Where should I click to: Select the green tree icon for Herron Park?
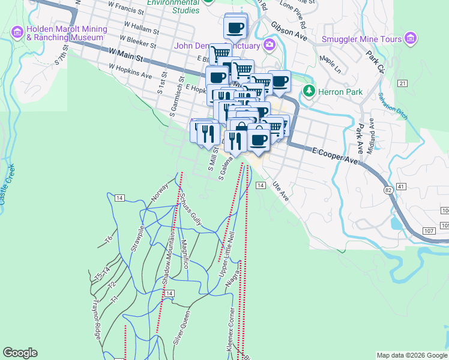pos(309,91)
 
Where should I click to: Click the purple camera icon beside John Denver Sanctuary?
pos(270,45)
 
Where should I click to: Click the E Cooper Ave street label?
pos(334,157)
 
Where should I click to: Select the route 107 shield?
pos(428,230)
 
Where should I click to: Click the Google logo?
pos(20,353)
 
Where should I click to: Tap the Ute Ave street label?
pos(280,192)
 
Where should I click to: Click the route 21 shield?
pos(402,83)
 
